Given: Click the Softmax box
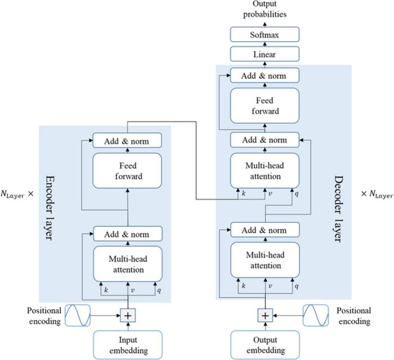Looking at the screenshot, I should [x=264, y=35].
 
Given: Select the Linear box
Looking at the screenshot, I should [x=264, y=55].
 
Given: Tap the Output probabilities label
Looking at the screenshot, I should [x=264, y=10].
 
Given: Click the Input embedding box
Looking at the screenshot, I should [x=127, y=344].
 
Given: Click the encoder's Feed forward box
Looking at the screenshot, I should [x=127, y=171].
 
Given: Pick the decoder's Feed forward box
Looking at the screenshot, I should [x=264, y=106].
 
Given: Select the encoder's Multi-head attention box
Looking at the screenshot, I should [x=127, y=264].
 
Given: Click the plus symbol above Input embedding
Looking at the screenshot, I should [x=127, y=316].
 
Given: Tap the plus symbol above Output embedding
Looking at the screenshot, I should [x=264, y=316].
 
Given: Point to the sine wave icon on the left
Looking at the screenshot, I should [x=77, y=316].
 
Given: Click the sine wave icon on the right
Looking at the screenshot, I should [x=315, y=316].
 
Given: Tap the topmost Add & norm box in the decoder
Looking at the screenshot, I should [x=264, y=75].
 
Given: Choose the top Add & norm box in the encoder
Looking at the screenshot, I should [x=127, y=141].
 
